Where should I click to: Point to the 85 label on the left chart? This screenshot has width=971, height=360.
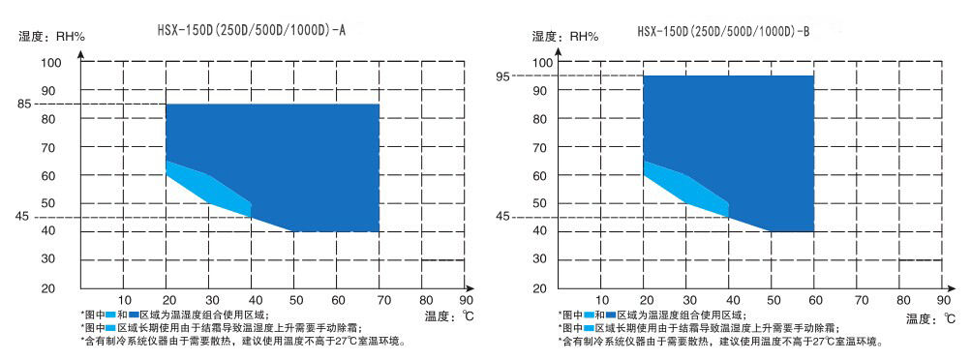(x=24, y=104)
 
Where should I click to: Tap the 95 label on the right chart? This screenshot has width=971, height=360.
(x=502, y=75)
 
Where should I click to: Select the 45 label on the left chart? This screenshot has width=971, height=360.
(x=24, y=218)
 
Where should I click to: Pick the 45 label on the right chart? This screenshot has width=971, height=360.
(x=502, y=218)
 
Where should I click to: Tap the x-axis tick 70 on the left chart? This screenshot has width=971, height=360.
(x=379, y=300)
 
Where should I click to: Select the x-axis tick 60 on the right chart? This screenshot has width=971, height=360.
(x=815, y=300)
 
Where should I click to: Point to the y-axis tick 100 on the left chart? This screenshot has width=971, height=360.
(x=50, y=63)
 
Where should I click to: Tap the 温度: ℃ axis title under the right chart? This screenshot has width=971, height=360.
(x=930, y=317)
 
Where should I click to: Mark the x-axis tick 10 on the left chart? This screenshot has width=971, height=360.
(x=125, y=300)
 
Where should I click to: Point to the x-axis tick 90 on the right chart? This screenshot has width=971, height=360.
(x=944, y=300)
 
